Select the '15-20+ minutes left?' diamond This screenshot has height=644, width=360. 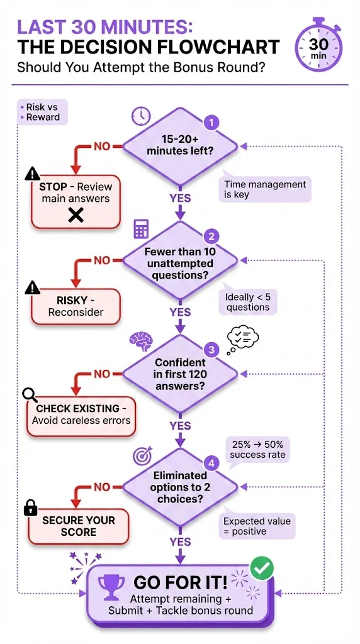tap(180, 145)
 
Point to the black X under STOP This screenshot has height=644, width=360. tap(76, 216)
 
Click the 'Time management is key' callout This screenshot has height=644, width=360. tap(265, 189)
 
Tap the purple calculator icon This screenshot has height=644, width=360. tap(140, 229)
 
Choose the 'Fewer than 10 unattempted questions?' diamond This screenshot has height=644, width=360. tap(180, 260)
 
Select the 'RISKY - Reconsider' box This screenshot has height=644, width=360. tap(76, 306)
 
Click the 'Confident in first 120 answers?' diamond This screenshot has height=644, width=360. tap(180, 374)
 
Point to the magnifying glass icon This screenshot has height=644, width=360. tap(30, 394)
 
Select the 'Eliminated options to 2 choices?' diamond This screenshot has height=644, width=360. tap(180, 486)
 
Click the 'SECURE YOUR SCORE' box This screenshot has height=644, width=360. tap(79, 526)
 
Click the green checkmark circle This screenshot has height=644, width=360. tap(261, 569)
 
